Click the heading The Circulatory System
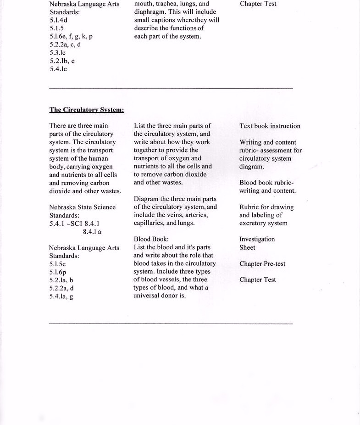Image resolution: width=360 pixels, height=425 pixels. coord(87,110)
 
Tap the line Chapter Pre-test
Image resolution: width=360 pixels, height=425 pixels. coord(262,264)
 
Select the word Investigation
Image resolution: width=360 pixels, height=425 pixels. coord(257,239)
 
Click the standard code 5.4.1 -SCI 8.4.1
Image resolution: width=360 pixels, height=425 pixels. coord(75,224)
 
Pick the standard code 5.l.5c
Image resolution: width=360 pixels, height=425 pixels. coord(57,264)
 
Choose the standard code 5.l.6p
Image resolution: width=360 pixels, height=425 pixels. coord(58,272)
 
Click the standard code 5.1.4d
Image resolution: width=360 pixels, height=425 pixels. coord(58,20)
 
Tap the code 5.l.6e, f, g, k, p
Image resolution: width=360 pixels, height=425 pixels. coord(71,36)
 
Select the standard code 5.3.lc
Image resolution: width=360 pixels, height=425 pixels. coord(57,53)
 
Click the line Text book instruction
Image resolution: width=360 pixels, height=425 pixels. coord(270,126)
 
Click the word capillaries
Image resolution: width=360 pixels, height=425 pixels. coord(149,223)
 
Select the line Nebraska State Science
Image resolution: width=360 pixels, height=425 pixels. coord(82,207)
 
